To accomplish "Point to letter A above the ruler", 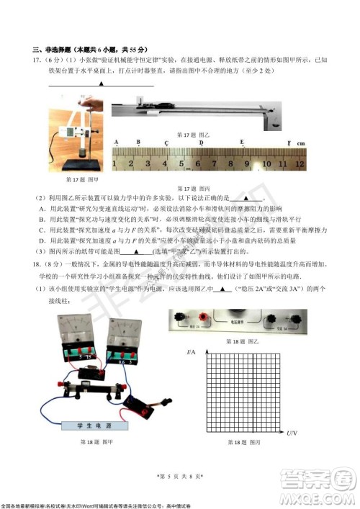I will click(x=116, y=143).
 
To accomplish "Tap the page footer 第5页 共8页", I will click(x=180, y=476).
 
